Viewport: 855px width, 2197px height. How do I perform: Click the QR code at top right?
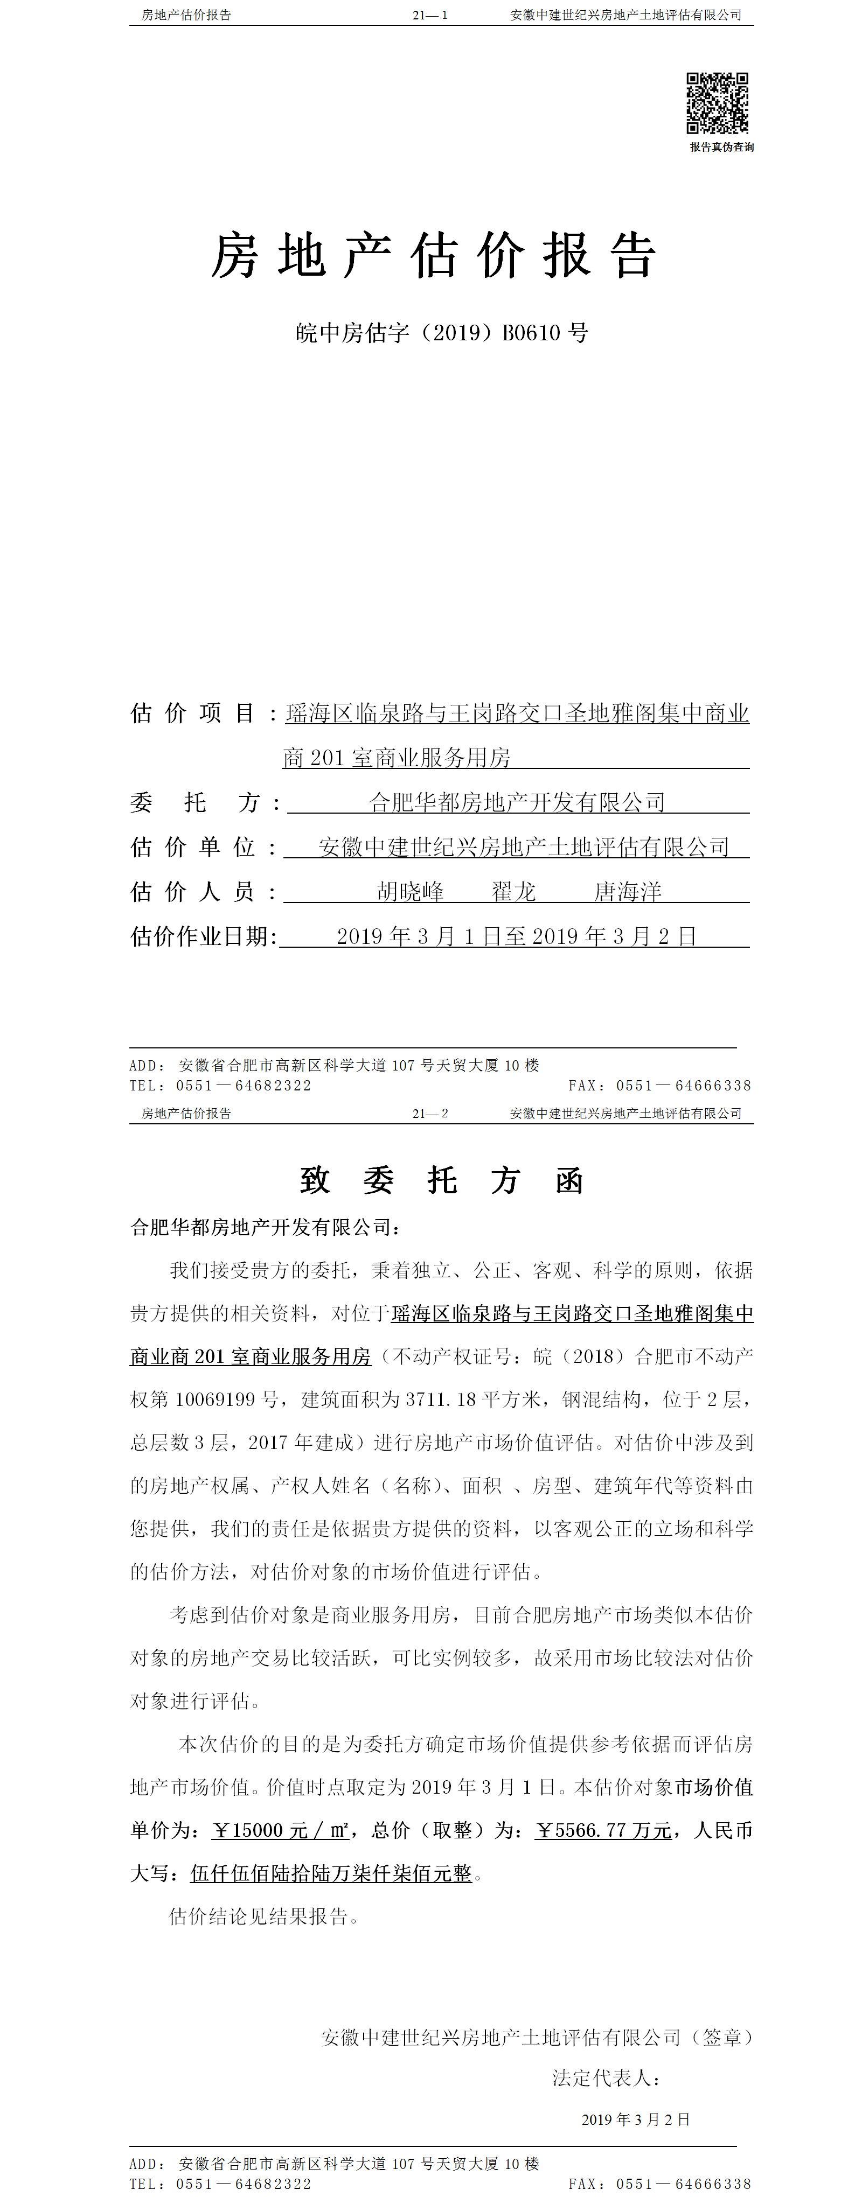click(718, 103)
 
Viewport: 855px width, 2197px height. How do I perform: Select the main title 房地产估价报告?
click(434, 255)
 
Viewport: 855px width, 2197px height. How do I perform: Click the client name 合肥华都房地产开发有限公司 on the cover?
click(517, 802)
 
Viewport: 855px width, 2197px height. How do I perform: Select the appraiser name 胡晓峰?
click(411, 892)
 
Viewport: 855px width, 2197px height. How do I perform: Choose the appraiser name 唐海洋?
click(628, 892)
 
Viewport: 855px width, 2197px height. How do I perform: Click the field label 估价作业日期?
click(203, 936)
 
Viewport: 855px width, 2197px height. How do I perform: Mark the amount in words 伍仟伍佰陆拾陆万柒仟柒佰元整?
click(331, 1874)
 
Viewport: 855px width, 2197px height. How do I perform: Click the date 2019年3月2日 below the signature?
click(636, 2120)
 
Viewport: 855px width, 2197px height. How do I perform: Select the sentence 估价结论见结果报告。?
click(265, 1917)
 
